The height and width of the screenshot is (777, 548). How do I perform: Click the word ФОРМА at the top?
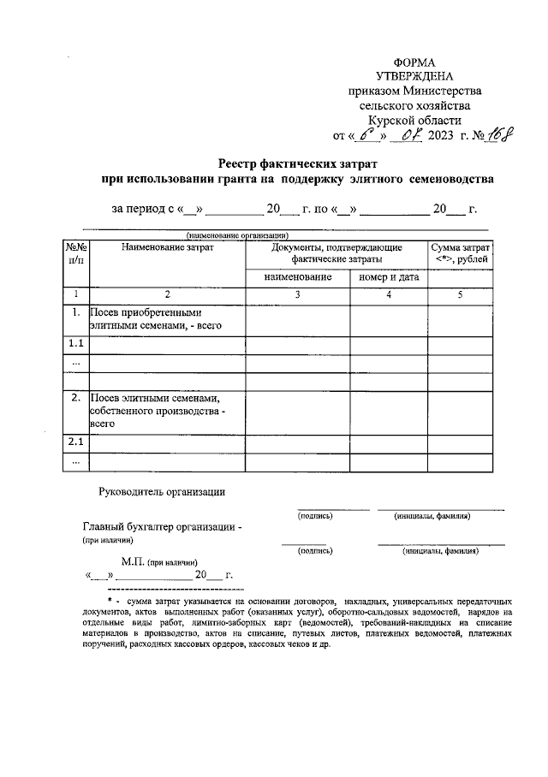[414, 62]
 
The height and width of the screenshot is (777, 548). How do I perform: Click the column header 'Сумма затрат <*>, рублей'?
[460, 253]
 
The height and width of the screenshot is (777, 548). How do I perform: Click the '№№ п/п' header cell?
[75, 253]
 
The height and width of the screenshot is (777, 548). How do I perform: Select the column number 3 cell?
[297, 295]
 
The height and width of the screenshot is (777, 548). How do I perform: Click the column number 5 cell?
[460, 295]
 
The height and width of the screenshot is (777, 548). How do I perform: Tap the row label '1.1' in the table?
[75, 344]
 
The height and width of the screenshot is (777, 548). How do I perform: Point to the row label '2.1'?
[75, 442]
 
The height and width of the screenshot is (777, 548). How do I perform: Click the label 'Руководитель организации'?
[162, 491]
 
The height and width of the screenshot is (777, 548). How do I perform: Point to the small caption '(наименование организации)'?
[234, 235]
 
